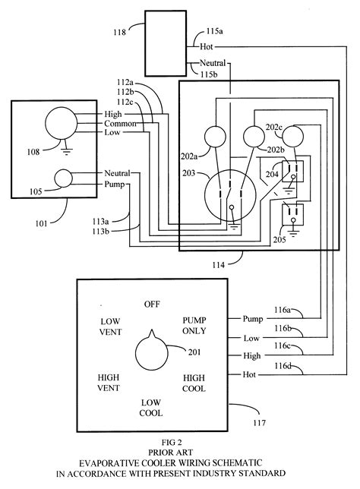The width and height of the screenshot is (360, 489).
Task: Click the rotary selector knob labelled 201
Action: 152,352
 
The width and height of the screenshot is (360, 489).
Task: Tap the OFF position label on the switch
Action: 152,304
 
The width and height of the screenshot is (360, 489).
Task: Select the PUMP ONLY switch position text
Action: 194,326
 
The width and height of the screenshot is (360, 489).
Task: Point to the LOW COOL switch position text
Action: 151,408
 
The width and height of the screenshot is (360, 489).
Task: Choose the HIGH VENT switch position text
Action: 109,383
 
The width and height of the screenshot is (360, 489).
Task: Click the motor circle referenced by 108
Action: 62,123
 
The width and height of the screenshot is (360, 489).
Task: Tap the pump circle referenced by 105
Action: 63,178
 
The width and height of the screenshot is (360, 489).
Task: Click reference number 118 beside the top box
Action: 119,32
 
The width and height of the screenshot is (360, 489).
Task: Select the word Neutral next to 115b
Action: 213,63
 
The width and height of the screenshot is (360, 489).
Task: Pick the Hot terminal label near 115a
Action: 207,47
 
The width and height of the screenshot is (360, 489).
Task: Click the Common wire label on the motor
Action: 120,124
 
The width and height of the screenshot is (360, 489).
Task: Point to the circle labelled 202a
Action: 215,137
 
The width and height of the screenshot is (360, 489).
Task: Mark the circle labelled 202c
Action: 292,136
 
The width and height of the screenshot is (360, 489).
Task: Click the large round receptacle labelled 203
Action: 230,196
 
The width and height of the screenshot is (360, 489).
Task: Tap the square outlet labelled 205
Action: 292,215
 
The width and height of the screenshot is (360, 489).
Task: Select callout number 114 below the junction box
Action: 219,265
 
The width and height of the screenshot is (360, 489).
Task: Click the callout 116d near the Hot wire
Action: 283,365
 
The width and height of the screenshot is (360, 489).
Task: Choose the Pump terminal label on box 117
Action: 253,319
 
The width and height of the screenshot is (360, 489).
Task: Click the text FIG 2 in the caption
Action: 172,443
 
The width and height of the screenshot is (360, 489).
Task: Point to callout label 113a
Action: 100,222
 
